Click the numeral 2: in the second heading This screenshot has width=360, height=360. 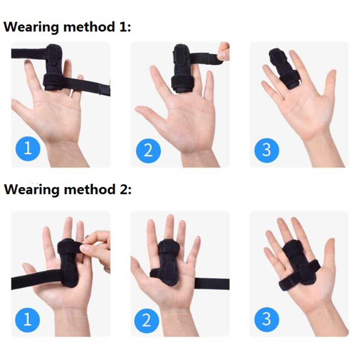pos(125,190)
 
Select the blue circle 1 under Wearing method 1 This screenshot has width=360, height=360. pos(28,148)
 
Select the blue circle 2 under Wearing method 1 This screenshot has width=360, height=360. pos(148,151)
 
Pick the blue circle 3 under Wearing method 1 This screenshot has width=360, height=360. pos(267,151)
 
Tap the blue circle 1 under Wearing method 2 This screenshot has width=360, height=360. pos(28,320)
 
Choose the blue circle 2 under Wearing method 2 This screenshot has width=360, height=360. pos(147,320)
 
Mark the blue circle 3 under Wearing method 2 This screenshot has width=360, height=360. pos(267,319)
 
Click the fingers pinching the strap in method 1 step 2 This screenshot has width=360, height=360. pos(223,51)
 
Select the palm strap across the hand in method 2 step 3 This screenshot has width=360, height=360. pos(299,274)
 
